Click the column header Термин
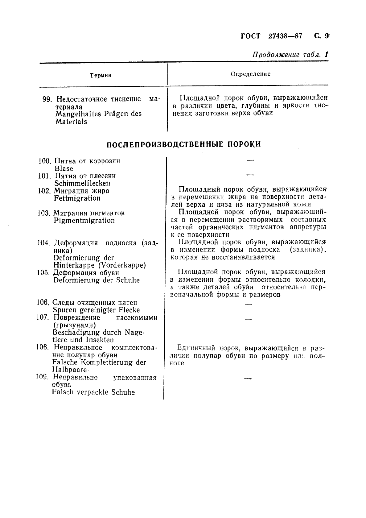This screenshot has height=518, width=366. point(101,75)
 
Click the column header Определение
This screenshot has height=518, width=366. point(250,74)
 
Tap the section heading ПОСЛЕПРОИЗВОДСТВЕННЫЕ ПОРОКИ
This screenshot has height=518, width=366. point(183,144)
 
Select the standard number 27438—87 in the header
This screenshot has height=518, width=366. point(285,36)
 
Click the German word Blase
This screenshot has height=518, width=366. point(64,168)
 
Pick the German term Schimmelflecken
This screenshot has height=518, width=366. point(82,183)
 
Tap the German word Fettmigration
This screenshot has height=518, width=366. point(77,198)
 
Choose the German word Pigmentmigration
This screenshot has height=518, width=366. point(84,220)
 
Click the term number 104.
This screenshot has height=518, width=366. point(43,243)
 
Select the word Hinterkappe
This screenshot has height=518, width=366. point(74,265)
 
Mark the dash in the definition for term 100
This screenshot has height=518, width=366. point(250,160)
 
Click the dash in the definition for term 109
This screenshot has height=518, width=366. point(248,378)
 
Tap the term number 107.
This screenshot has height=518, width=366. point(43,317)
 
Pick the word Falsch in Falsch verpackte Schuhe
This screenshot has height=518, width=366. point(62,392)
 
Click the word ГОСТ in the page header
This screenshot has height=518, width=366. point(250,36)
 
